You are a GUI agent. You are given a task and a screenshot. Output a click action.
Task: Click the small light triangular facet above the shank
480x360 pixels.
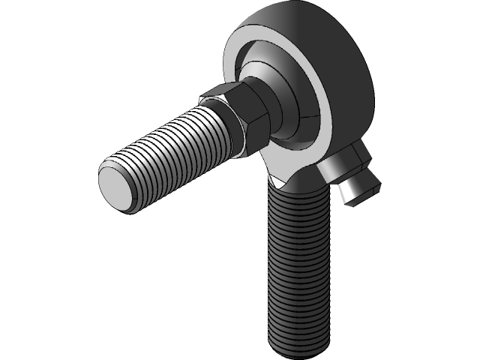(280, 180)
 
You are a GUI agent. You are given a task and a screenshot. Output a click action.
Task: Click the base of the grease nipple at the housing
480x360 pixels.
(341, 161)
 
